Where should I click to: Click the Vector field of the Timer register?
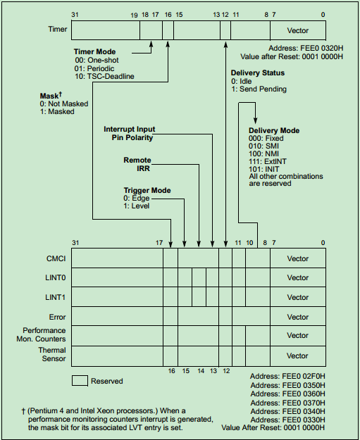point(298,31)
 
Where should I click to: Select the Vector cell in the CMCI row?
point(298,258)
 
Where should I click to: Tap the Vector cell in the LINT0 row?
point(298,277)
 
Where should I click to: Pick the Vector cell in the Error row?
point(298,317)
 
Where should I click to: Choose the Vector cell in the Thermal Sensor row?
point(298,356)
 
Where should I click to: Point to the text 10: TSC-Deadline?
point(105,76)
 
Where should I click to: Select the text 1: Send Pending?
point(259,90)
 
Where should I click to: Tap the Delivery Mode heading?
point(274,130)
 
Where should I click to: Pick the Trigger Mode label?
point(147,190)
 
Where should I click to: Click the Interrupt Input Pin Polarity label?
point(129,134)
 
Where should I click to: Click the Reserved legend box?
point(80,381)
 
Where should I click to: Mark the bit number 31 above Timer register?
point(75,15)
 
